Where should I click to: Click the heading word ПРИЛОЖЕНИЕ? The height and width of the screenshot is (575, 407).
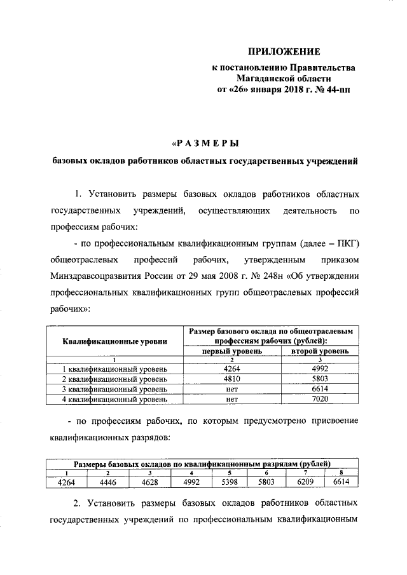click(x=284, y=51)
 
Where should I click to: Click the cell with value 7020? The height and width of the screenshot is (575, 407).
click(x=320, y=400)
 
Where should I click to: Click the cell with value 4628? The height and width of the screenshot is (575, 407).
click(x=148, y=482)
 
